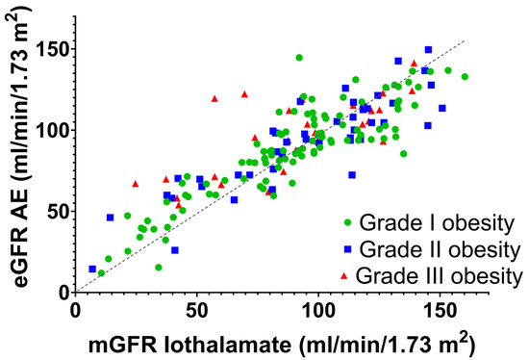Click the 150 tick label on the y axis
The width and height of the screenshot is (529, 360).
click(x=50, y=49)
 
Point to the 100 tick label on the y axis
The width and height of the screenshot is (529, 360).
click(x=50, y=130)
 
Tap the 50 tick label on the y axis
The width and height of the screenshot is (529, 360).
click(x=55, y=211)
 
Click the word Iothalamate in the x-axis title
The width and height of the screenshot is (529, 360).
click(x=238, y=342)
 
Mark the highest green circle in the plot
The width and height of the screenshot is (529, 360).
click(x=299, y=58)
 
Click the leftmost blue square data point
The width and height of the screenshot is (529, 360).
click(x=92, y=270)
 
